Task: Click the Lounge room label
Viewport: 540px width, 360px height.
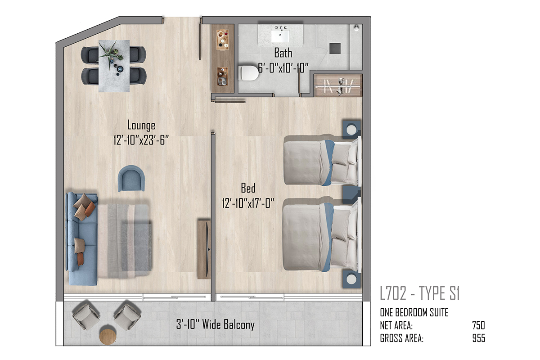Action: click(x=141, y=126)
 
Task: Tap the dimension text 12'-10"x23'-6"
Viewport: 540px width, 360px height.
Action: click(x=141, y=140)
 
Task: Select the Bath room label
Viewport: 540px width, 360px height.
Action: click(x=283, y=53)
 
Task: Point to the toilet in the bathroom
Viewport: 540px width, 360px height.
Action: click(x=249, y=73)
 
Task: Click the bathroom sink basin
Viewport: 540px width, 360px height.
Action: click(x=280, y=36)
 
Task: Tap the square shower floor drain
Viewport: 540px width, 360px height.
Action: click(x=335, y=48)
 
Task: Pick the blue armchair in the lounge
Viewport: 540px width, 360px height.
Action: click(x=131, y=179)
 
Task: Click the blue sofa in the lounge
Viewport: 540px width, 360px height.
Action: click(x=82, y=238)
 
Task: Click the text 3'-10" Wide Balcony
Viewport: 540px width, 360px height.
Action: click(x=215, y=324)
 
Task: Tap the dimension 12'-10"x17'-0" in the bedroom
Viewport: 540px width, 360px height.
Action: click(x=248, y=203)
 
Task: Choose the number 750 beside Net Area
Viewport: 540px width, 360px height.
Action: click(x=478, y=325)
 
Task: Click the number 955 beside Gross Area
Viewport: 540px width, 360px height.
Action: click(x=478, y=338)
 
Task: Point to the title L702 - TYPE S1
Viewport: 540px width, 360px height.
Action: click(x=420, y=293)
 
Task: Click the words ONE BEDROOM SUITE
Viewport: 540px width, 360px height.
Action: click(x=414, y=312)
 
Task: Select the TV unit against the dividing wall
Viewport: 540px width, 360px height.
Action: click(x=204, y=249)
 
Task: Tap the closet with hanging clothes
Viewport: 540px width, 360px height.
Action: click(x=338, y=85)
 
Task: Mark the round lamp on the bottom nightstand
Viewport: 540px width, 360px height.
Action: click(x=351, y=279)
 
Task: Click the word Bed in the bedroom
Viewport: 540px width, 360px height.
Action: click(x=248, y=188)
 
